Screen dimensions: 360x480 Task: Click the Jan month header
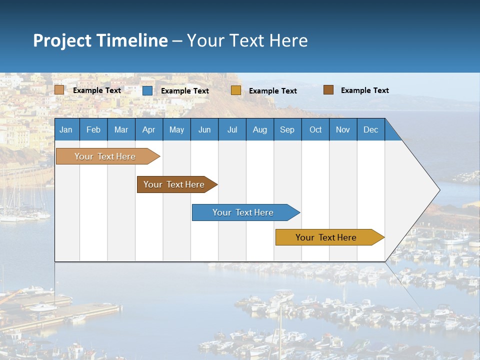click(66, 129)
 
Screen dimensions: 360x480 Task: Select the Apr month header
click(149, 129)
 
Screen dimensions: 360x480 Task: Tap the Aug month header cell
click(260, 129)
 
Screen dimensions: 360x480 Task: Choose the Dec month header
click(370, 129)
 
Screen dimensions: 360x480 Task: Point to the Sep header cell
click(287, 129)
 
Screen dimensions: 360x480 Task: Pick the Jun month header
click(204, 129)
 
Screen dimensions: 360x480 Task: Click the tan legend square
click(59, 90)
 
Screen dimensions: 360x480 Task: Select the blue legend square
click(147, 90)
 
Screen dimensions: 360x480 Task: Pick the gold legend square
click(236, 90)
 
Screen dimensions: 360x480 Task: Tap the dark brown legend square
click(328, 90)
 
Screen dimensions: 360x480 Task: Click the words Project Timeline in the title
click(100, 40)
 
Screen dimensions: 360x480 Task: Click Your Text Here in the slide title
click(247, 40)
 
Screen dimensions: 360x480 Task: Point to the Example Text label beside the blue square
click(185, 91)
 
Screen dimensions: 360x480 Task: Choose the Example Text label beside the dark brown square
click(365, 90)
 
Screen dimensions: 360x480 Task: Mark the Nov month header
click(343, 129)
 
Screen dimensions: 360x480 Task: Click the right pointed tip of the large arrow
click(438, 190)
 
